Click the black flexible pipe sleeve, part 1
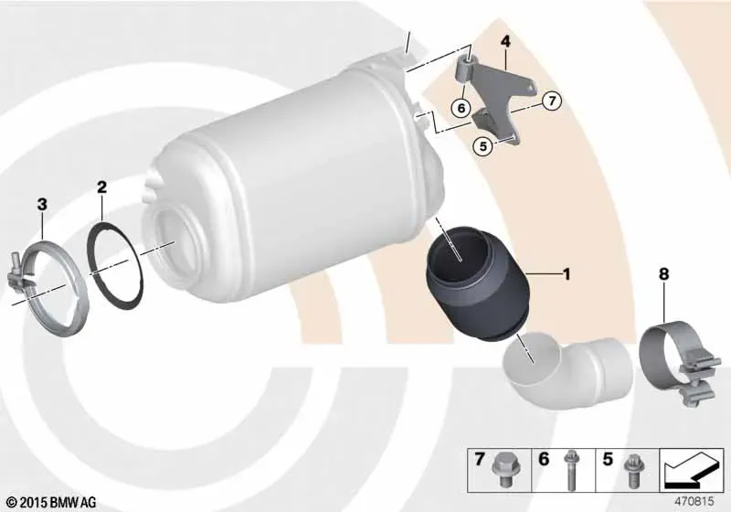(x=478, y=284)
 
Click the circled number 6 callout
(x=461, y=109)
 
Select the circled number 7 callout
(x=552, y=101)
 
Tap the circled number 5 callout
(x=482, y=146)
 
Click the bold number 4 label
(x=505, y=41)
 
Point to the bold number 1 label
(x=567, y=273)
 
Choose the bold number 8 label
(x=664, y=274)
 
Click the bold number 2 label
(x=101, y=187)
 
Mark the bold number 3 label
(x=42, y=204)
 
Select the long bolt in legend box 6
(x=569, y=470)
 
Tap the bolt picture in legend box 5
(x=633, y=471)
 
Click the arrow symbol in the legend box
(x=692, y=470)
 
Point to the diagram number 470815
(x=694, y=501)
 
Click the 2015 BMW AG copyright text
(x=52, y=502)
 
